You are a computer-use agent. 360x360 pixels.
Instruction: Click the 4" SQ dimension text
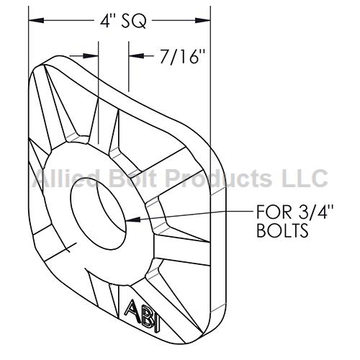coord(123,21)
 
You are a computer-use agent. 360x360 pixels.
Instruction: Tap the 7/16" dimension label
coord(183,57)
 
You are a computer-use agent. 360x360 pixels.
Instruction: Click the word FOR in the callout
coord(271,212)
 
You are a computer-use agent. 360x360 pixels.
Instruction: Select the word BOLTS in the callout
coord(282,230)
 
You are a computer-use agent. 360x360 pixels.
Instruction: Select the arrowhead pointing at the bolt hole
coord(133,219)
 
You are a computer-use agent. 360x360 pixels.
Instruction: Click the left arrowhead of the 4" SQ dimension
coord(36,20)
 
